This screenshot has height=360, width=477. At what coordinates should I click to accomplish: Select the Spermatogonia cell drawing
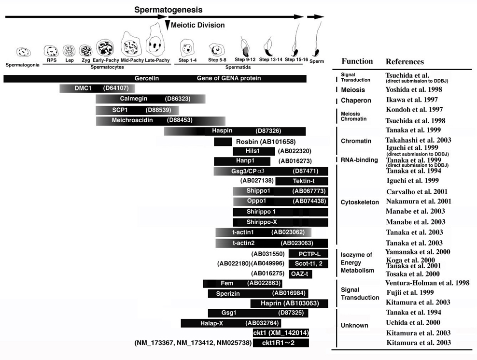coord(22,52)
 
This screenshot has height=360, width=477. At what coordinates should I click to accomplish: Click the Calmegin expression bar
coord(150,99)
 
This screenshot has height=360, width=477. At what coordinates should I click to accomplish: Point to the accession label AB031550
coord(267,254)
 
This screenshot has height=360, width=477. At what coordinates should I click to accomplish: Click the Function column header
coord(357,61)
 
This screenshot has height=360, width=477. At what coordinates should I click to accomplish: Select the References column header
coord(405,62)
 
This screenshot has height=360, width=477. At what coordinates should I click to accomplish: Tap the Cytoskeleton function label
coord(360,202)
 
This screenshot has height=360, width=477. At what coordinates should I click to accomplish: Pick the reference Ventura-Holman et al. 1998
coord(427,283)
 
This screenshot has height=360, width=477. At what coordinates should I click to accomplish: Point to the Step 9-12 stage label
coord(245,60)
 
